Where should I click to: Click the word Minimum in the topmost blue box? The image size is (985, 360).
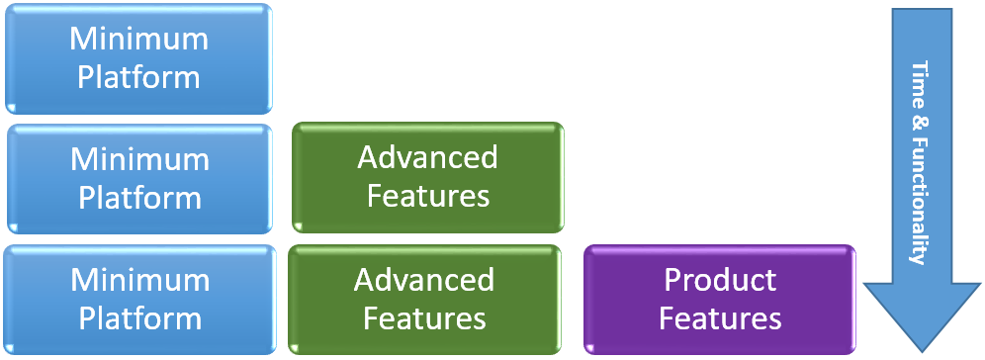click(x=139, y=40)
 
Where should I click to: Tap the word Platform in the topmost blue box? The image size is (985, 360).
click(x=139, y=77)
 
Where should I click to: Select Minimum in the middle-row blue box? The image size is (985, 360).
click(x=139, y=159)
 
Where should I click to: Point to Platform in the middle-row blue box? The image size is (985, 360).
click(x=139, y=197)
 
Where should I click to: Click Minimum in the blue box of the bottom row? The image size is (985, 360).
click(x=139, y=280)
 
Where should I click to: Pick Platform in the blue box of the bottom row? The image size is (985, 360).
click(x=139, y=318)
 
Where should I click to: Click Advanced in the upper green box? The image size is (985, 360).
click(x=427, y=157)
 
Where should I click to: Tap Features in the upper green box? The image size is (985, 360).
click(x=427, y=195)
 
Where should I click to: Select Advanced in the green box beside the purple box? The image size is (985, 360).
click(x=424, y=280)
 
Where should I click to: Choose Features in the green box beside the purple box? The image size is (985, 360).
click(x=424, y=318)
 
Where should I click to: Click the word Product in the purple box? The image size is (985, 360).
click(x=720, y=280)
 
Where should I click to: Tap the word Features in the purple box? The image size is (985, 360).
click(x=720, y=318)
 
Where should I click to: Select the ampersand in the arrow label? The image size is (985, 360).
click(x=919, y=116)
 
